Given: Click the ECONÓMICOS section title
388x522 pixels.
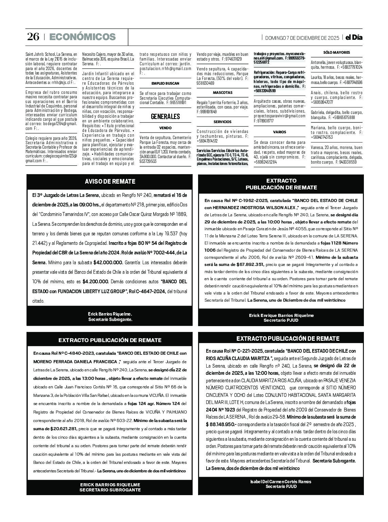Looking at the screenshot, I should coord(83,37).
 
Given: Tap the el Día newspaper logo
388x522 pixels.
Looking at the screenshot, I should coord(354,37).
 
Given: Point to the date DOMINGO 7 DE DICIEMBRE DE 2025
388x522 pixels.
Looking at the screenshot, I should coord(302,38).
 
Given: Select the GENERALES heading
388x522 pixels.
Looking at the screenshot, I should coord(165,116).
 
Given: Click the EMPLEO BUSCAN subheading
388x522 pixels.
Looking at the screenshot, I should coord(165,83).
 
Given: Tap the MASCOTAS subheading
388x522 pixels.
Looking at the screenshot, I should coord(223,92).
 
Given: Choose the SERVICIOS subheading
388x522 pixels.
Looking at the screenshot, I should coord(223,122).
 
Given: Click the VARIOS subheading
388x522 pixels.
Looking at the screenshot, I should coord(280,132).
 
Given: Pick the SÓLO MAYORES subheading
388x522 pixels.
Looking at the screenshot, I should coord(336,52).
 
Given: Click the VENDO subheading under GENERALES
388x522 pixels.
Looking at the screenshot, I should coord(165,128).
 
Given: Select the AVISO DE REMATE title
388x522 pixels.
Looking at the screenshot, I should coord(110,182).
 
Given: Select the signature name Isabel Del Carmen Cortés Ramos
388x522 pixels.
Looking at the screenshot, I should coord(281,482).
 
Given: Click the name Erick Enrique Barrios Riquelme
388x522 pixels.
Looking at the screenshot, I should coord(281,315).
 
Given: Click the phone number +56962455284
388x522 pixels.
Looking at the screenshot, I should coord(265,162).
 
